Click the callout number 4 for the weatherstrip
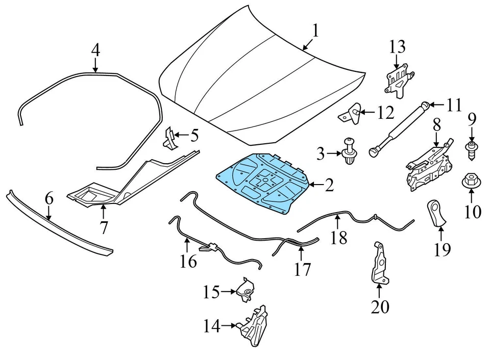point(95,50)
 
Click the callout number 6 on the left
point(49,199)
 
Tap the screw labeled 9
point(471,148)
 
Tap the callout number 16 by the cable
point(188,262)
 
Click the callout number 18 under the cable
point(338,237)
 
